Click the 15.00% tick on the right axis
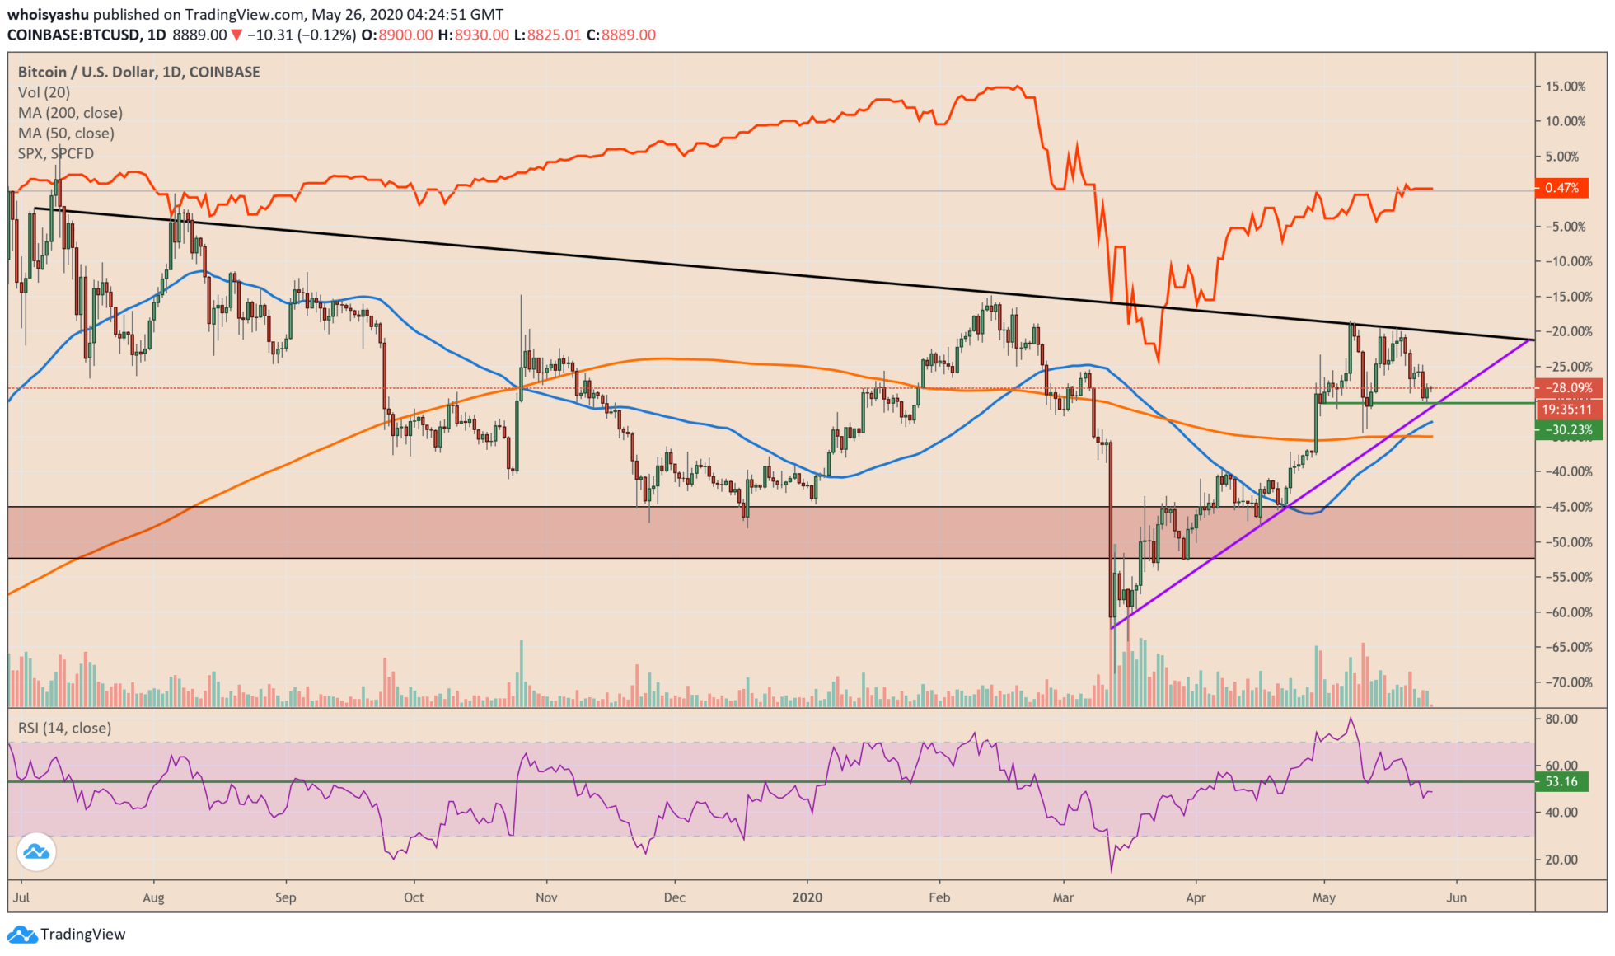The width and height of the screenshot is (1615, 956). coord(1566,87)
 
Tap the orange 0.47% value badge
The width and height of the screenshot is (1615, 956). coord(1561,188)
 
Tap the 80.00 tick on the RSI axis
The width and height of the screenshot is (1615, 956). coord(1561,719)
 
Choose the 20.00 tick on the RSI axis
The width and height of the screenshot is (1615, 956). coord(1561,860)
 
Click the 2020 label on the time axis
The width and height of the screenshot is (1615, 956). coord(807,897)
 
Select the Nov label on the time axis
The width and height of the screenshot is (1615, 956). coord(546,897)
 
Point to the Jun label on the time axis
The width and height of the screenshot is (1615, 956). coord(1457,897)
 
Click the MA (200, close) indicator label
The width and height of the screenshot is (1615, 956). coord(70,113)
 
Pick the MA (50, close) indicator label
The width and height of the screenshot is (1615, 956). coord(66,134)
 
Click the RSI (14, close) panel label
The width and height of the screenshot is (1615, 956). coord(64,728)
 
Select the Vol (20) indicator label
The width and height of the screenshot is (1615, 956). coord(44,92)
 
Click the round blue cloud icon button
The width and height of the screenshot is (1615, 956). coord(36,852)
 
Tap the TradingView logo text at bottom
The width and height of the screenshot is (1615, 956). coord(82,934)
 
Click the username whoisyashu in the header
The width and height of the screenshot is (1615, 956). coord(48,15)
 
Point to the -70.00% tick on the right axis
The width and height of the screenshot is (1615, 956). coord(1566,682)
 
